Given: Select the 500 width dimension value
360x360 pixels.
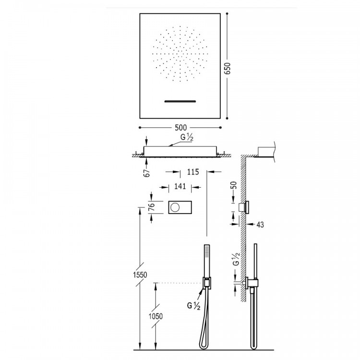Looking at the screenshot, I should click(180, 128).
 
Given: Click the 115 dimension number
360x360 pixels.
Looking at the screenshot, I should click(193, 171).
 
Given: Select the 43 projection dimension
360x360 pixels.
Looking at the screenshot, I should click(261, 224).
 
